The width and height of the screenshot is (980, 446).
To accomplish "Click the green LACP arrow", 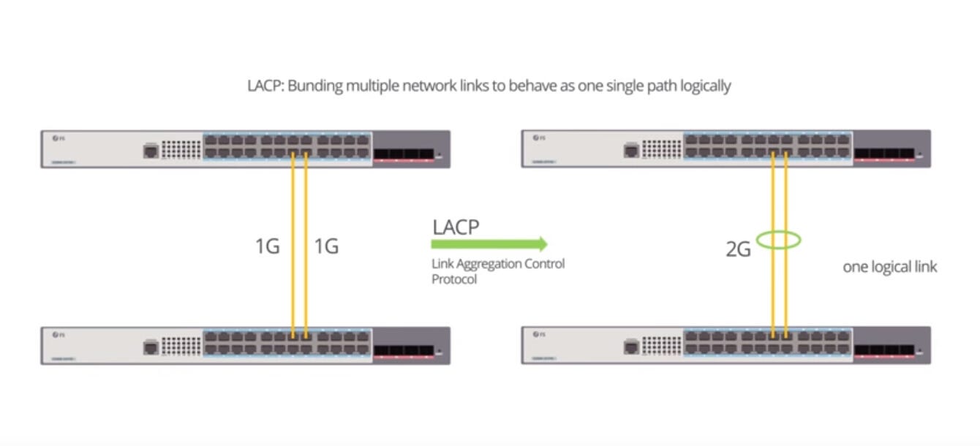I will click(x=489, y=244).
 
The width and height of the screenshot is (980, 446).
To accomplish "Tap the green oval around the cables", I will click(x=779, y=239).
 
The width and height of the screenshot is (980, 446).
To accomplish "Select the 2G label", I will click(x=738, y=249).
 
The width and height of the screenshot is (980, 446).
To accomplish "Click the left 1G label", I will click(x=267, y=246).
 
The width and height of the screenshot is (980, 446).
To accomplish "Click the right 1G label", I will click(x=326, y=246).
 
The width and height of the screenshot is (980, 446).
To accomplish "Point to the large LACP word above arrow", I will click(x=456, y=227).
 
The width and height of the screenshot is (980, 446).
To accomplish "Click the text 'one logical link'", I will click(x=889, y=267).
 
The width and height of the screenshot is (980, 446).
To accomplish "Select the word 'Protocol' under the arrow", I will click(x=453, y=279).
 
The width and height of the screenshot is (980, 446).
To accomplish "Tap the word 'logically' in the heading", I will click(x=705, y=86).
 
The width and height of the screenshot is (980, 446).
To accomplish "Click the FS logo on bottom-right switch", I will click(x=539, y=334).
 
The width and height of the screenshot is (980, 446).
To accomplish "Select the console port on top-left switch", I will click(x=151, y=151).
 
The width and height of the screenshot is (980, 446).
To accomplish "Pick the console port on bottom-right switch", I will click(x=631, y=347).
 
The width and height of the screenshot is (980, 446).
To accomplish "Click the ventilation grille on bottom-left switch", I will click(x=181, y=345).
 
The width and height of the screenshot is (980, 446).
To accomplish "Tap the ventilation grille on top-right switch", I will click(x=661, y=149).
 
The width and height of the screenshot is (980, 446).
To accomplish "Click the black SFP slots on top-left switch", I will click(x=404, y=154).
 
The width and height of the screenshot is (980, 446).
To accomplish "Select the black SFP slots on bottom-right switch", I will click(x=884, y=350).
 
